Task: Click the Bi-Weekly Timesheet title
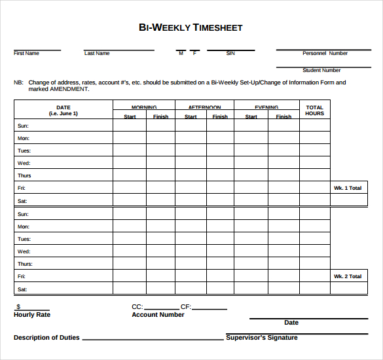[x=191, y=27]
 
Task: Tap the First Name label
[x=26, y=54]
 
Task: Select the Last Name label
[x=97, y=54]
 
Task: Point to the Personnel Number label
[x=325, y=54]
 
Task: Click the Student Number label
[x=321, y=71]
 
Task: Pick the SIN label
[x=230, y=54]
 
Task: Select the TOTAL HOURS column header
[x=315, y=111]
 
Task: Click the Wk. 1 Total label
[x=348, y=188]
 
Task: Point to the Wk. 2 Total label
[x=348, y=276]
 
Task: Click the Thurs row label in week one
[x=24, y=175]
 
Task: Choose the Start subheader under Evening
[x=251, y=117]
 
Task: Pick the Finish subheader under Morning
[x=160, y=117]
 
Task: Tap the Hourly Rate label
[x=32, y=315]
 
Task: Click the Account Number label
[x=158, y=315]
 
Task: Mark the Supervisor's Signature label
[x=262, y=338]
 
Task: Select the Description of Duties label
[x=46, y=338]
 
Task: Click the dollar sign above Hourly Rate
[x=18, y=306]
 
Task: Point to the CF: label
[x=186, y=306]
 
